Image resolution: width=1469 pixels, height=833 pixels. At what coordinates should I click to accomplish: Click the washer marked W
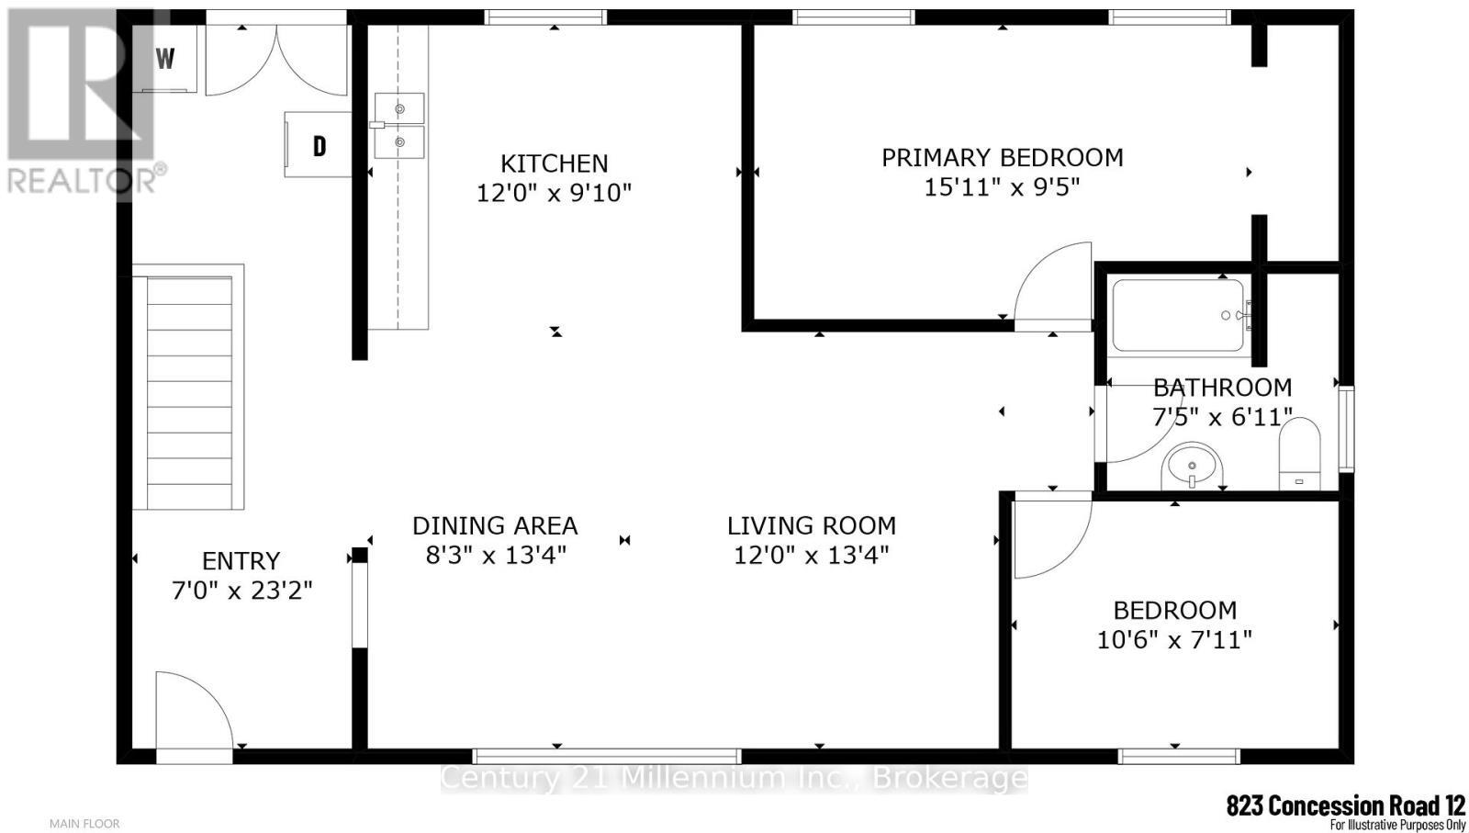(166, 60)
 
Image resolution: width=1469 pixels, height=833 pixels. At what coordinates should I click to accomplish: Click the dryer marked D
(319, 145)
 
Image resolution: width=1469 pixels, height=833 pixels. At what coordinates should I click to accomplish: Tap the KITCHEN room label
(554, 163)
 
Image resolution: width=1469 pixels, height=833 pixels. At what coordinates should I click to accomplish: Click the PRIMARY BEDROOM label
(1002, 158)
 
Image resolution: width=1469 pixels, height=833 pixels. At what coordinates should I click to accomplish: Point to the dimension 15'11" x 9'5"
(1002, 187)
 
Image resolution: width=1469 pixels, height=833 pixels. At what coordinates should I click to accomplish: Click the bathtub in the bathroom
(1179, 315)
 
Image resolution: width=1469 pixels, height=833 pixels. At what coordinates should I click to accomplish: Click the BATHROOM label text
(1222, 388)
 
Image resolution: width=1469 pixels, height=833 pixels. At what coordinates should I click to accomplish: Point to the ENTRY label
(241, 561)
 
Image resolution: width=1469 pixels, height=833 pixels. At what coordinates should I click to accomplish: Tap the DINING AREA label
(494, 526)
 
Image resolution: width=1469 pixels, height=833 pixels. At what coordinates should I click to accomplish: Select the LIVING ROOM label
(811, 526)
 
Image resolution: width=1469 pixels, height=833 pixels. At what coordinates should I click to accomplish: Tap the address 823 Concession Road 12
(1345, 805)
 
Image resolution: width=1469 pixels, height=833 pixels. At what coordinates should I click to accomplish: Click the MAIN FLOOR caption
(84, 824)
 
